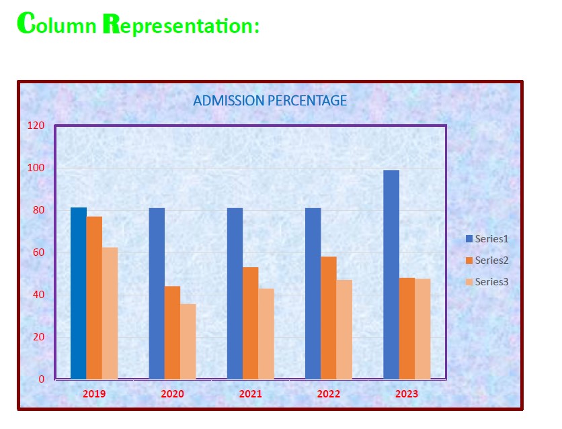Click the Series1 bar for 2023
[391, 275]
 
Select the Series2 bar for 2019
[94, 297]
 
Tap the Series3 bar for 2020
[188, 341]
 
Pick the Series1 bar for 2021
[235, 293]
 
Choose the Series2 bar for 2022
[329, 318]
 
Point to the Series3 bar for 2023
[423, 329]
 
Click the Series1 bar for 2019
[79, 293]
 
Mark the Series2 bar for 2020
[172, 333]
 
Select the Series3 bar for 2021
[266, 334]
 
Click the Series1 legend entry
[487, 238]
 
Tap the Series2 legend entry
[487, 260]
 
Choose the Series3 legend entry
[487, 281]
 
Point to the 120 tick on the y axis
[36, 126]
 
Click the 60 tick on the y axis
[39, 252]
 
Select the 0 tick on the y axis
[42, 379]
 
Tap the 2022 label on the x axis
[329, 394]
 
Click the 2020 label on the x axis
[172, 394]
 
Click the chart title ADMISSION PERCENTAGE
[270, 101]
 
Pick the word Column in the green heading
[57, 23]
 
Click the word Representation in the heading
[181, 24]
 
